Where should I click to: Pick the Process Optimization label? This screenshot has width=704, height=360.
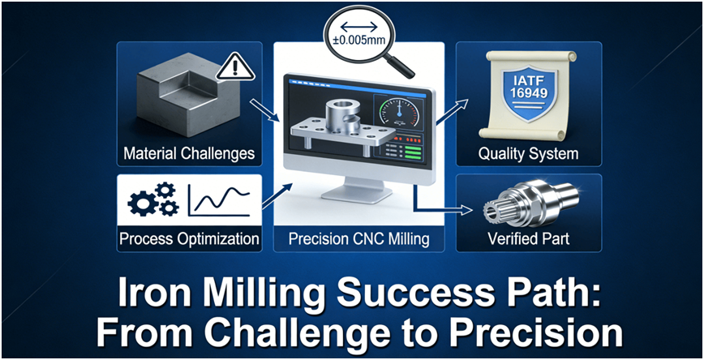tap(189, 238)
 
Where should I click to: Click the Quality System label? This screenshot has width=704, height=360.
tap(528, 153)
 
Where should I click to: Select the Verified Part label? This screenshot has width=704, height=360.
tap(528, 238)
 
